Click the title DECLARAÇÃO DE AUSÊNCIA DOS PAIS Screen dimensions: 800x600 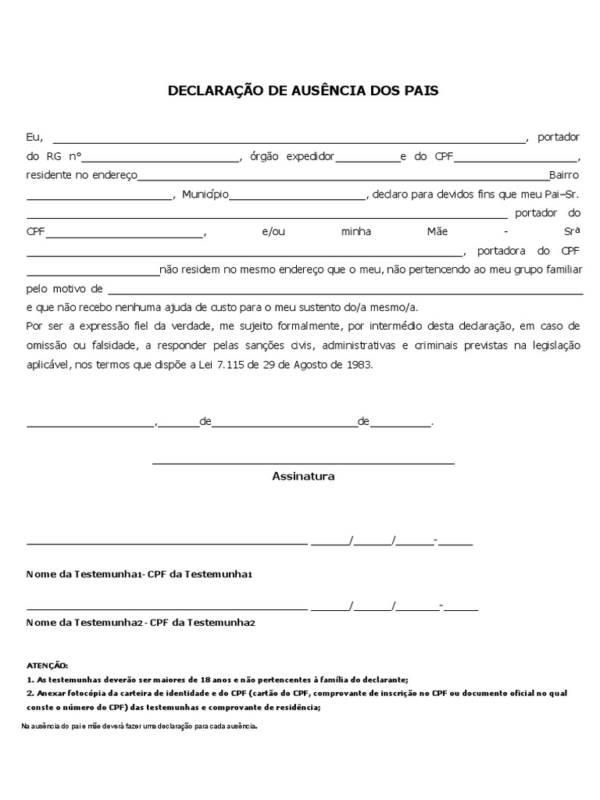(303, 91)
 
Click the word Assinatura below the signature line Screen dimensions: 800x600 (303, 476)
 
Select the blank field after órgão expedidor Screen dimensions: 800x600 (367, 159)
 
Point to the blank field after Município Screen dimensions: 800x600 (297, 196)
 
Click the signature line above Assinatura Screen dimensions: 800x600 (303, 462)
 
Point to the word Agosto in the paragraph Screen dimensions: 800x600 (314, 363)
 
